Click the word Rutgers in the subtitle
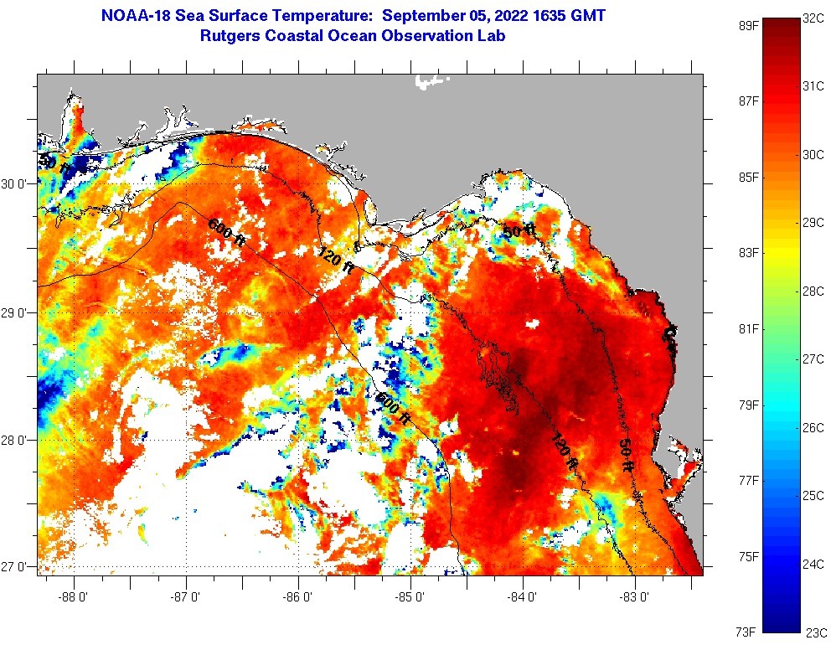tap(232, 36)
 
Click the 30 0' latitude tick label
tap(17, 184)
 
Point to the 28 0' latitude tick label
tap(17, 440)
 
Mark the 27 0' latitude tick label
tap(17, 567)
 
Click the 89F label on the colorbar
tap(748, 25)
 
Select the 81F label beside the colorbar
tap(748, 328)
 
